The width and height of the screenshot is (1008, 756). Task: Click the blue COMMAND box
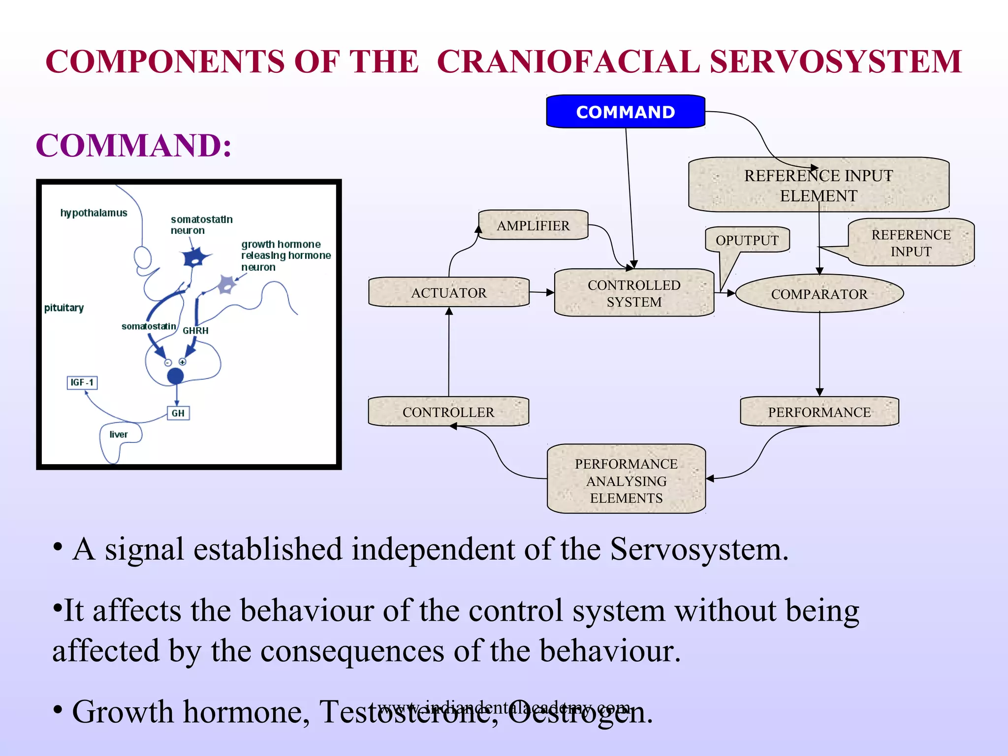[x=625, y=112]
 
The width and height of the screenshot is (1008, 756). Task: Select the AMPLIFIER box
[x=533, y=225]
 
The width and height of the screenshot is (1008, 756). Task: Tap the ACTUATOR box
[x=448, y=292]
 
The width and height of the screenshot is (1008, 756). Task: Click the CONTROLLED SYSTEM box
[x=634, y=293]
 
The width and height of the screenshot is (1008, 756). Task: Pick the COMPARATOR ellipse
[x=819, y=294]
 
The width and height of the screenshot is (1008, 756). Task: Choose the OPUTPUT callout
[x=747, y=240]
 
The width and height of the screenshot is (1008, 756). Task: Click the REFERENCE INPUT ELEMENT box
[x=818, y=185]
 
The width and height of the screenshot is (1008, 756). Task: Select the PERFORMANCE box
[x=819, y=411]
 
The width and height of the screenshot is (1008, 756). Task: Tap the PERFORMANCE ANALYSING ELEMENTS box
[x=626, y=480]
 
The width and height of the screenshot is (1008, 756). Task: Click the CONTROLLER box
[x=448, y=411]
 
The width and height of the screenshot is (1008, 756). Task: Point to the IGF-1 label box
[x=82, y=382]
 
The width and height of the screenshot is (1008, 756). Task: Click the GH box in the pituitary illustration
[x=178, y=413]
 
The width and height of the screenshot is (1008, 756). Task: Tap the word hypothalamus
[x=94, y=213]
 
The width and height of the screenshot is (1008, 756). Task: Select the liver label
[x=118, y=434]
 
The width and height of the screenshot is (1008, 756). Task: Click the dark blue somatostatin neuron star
[x=195, y=257]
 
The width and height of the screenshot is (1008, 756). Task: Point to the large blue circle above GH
[x=175, y=376]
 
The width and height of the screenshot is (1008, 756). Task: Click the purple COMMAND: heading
[x=133, y=146]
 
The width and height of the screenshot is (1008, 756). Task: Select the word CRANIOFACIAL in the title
[x=567, y=62]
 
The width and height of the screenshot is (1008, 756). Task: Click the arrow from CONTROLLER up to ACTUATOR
[x=448, y=352]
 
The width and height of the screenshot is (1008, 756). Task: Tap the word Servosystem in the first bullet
[x=698, y=549]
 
